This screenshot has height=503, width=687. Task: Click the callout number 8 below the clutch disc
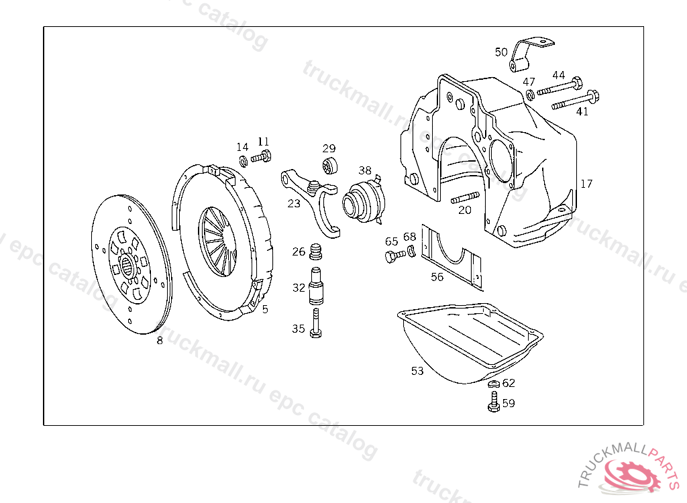coord(160,340)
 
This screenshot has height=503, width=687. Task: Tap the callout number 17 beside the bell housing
coord(586,183)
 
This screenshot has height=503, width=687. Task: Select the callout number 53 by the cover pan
coord(417,370)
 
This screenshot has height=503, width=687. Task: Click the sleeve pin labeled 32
coord(317,287)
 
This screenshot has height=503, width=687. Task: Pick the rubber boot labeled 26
coord(316,253)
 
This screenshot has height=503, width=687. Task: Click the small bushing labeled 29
coord(330,165)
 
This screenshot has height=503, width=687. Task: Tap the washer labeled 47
coord(530,95)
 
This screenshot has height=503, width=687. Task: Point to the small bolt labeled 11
coord(262,158)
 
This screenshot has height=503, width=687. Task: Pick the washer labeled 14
coord(244,161)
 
